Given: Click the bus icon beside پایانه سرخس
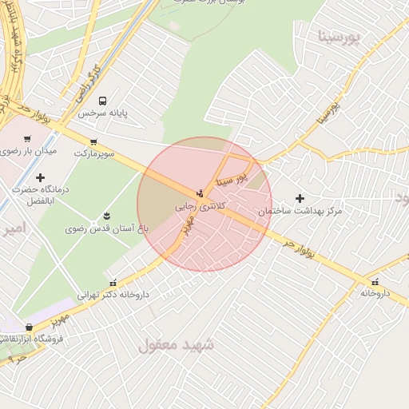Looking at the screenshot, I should [102, 101].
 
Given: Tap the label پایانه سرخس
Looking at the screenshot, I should [102, 113].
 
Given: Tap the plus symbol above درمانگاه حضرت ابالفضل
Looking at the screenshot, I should [40, 177].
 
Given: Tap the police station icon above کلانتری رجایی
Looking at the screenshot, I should [200, 193].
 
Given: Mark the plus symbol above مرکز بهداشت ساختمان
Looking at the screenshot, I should [300, 198].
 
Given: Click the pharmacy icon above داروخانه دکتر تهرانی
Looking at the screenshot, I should [113, 282].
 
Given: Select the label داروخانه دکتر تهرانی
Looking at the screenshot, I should [113, 294].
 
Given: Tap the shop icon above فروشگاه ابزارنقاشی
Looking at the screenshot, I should [30, 326].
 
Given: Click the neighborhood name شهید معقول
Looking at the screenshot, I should [177, 345].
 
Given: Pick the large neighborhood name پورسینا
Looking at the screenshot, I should [339, 37].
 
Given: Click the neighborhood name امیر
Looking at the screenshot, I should [14, 229].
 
